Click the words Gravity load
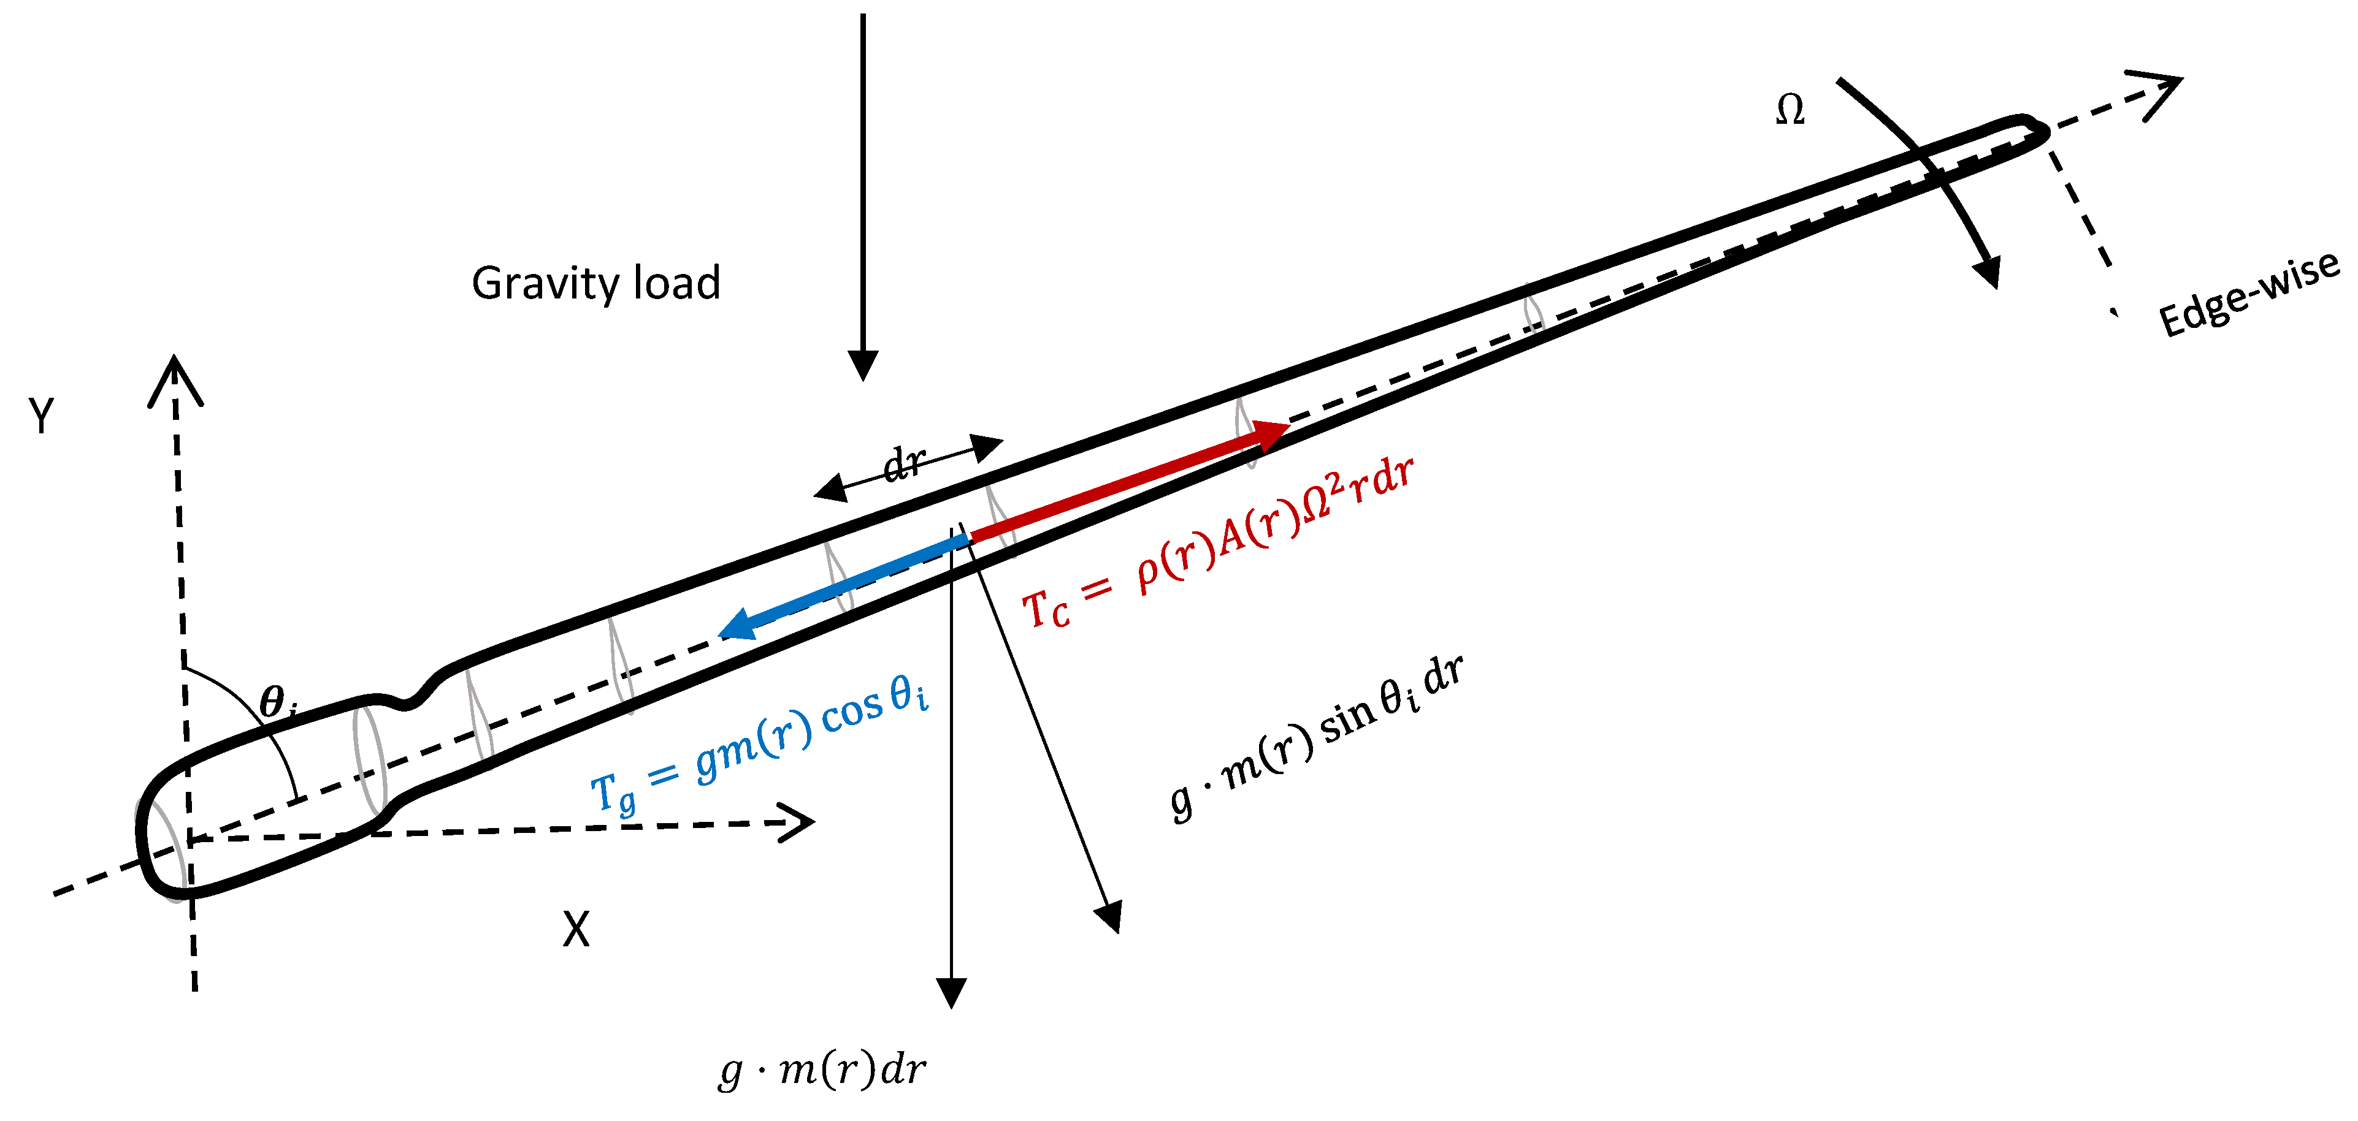click(596, 284)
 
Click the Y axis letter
click(41, 416)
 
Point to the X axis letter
click(576, 930)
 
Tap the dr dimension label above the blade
click(905, 464)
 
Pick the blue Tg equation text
click(760, 746)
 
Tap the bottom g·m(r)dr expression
click(822, 1070)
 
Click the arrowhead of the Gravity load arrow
click(862, 366)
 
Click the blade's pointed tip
click(2043, 132)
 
